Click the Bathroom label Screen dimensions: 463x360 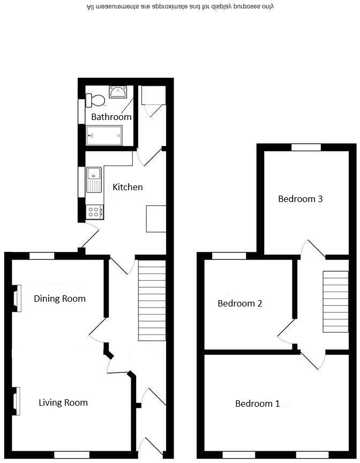(x=111, y=117)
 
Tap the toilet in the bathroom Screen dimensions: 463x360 (x=96, y=100)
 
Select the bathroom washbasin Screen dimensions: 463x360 (x=117, y=92)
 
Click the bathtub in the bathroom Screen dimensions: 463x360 (x=104, y=136)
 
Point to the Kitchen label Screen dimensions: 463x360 (x=127, y=187)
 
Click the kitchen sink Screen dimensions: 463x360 (x=94, y=180)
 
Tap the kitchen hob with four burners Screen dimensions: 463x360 (x=95, y=212)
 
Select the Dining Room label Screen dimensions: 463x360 (x=59, y=298)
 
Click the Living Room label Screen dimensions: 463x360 (x=63, y=402)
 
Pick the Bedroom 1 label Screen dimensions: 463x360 (x=257, y=404)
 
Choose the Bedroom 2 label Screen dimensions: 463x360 (x=239, y=303)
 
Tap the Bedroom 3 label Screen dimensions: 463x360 (x=300, y=199)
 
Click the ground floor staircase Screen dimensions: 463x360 (x=153, y=300)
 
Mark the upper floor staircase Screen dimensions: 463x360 (x=335, y=301)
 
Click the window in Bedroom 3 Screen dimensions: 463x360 (x=306, y=147)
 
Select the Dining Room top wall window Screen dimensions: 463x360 (x=42, y=256)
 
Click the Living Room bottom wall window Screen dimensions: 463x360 (x=72, y=454)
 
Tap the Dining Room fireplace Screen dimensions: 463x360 (x=17, y=298)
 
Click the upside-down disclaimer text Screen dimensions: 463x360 (x=181, y=8)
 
